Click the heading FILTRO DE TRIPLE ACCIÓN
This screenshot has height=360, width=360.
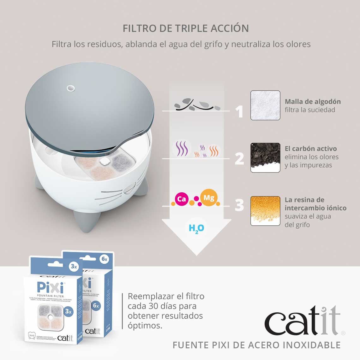(x=186, y=28)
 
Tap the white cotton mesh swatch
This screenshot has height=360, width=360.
(x=265, y=105)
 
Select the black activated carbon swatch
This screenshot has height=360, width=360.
(x=265, y=157)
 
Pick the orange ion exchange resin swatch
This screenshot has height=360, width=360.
(x=265, y=211)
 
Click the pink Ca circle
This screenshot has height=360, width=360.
(x=182, y=199)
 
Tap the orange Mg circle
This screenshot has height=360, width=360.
(x=209, y=198)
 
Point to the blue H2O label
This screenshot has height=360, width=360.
(x=196, y=228)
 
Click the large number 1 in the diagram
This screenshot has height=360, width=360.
(x=240, y=111)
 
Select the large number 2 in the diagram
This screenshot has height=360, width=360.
(x=239, y=158)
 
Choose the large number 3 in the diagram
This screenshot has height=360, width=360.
(x=239, y=205)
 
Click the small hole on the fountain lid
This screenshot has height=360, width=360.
(x=71, y=88)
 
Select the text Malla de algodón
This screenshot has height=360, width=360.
(x=313, y=102)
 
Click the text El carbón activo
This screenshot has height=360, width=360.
(x=311, y=149)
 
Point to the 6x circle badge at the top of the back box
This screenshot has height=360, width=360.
(x=104, y=259)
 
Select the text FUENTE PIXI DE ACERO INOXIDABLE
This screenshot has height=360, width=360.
(x=256, y=345)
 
